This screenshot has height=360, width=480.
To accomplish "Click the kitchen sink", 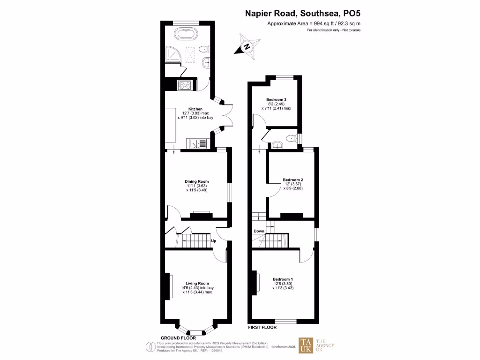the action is (195, 143).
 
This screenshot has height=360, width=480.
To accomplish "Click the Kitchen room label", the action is (195, 109).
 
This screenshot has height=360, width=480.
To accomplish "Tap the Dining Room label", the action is (197, 181).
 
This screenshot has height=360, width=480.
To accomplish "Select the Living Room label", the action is (197, 283).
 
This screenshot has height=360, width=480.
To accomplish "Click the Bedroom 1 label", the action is (283, 279).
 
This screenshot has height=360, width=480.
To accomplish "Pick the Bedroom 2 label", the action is (293, 180).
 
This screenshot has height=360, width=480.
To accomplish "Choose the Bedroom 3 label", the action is (276, 99).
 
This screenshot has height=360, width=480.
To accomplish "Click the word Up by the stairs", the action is (214, 241).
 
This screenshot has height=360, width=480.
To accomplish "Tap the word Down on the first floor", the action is (259, 231).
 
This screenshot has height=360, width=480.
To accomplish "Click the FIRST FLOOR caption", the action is (262, 327).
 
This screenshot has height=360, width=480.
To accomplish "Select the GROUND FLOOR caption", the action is (178, 337).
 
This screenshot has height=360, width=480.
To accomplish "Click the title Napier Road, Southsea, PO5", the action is (303, 14).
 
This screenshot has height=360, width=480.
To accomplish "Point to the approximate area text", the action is (314, 23).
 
